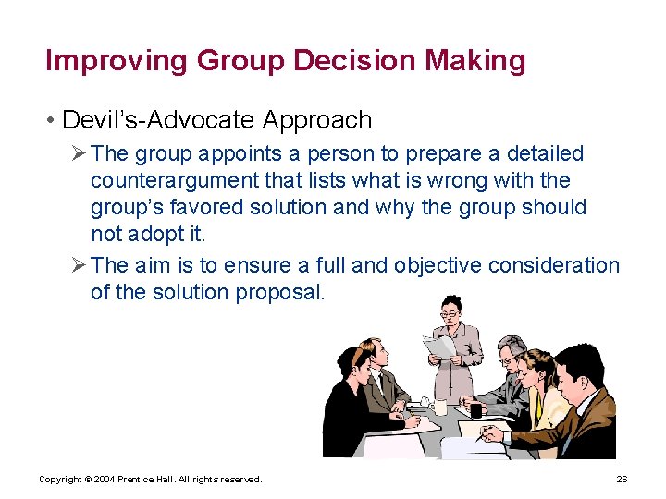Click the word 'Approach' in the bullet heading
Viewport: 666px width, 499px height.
(x=317, y=120)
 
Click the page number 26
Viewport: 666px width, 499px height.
(x=622, y=479)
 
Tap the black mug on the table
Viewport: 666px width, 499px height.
(x=475, y=409)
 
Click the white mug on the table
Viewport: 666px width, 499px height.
(x=441, y=407)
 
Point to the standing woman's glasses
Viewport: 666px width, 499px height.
(x=449, y=314)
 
